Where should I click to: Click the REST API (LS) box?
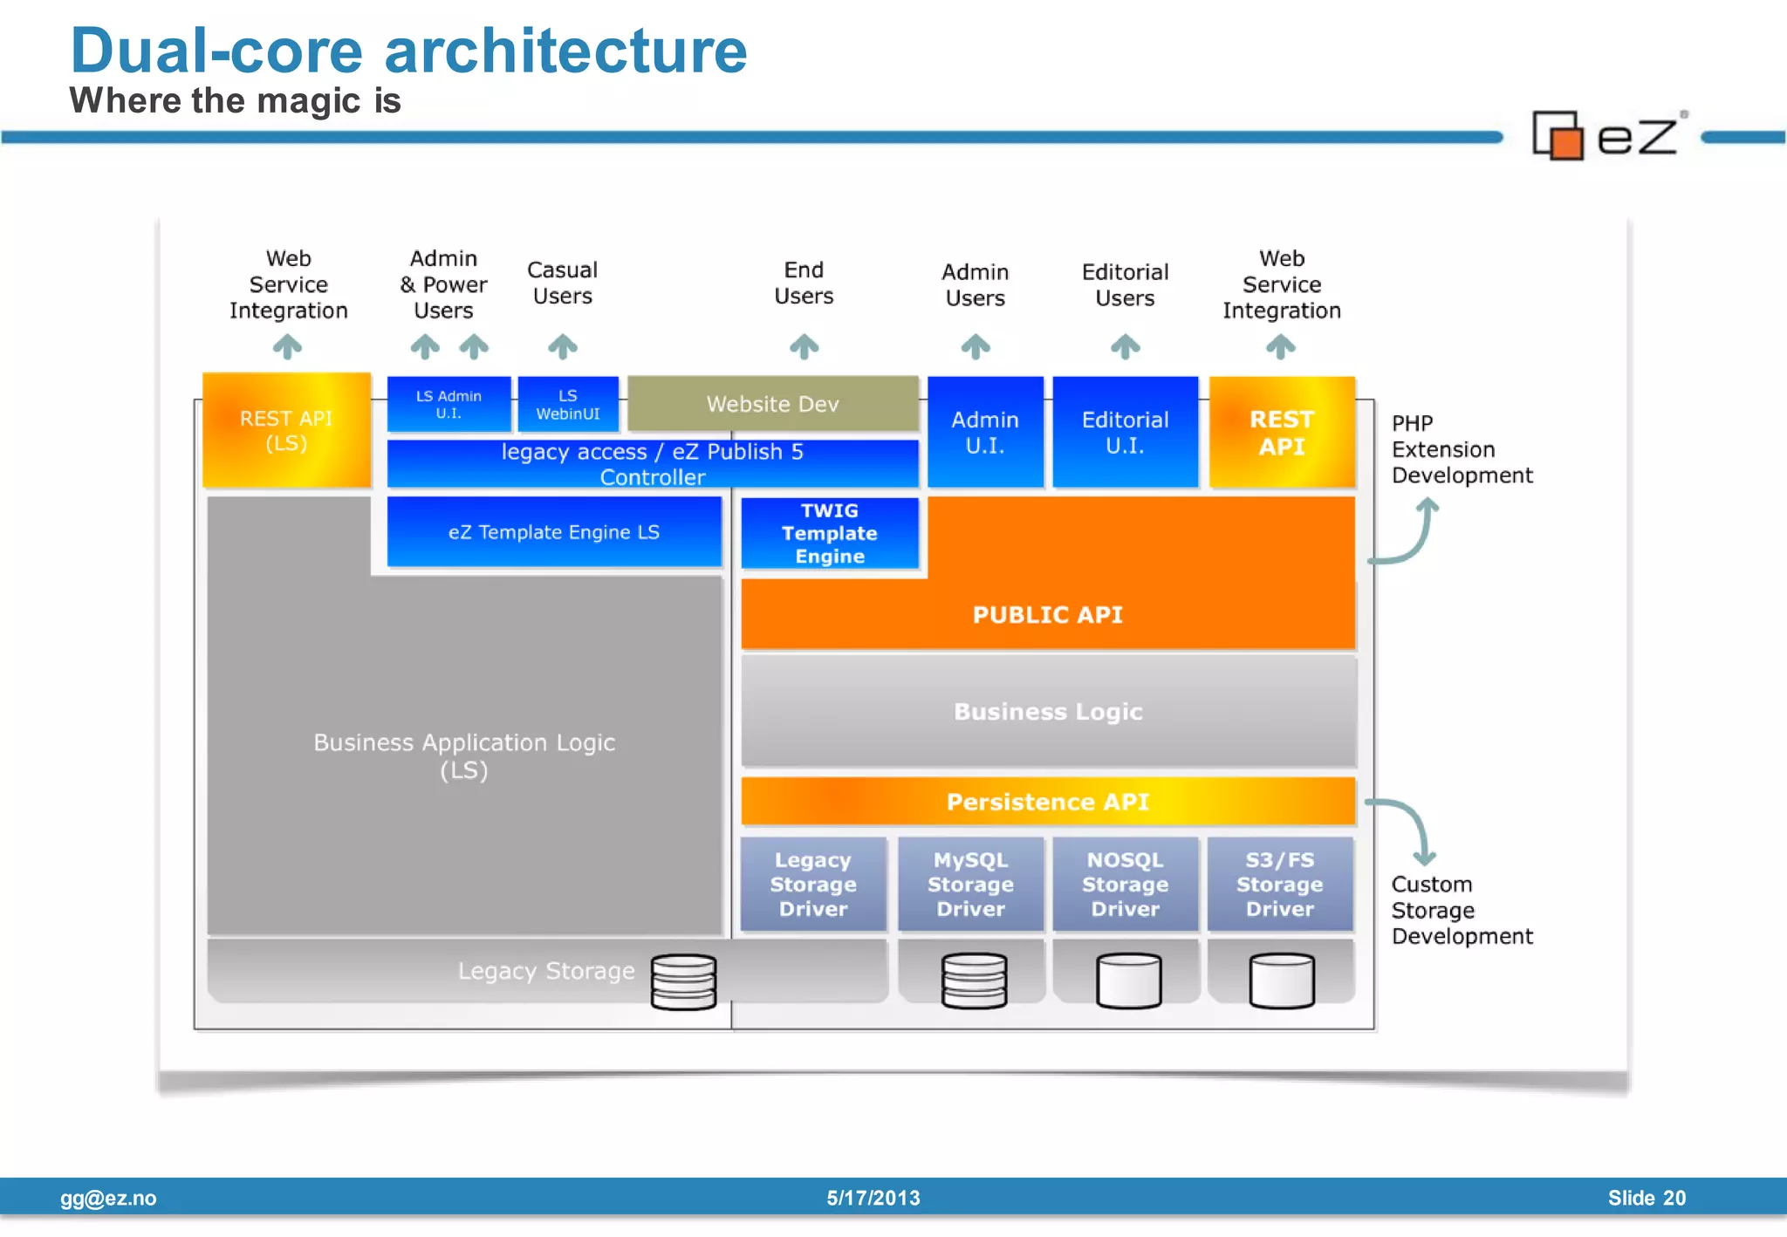286,430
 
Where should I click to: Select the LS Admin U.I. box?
448,404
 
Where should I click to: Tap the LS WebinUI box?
568,404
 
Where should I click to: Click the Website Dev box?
772,403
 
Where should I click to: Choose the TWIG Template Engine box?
829,533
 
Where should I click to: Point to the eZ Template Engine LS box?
554,532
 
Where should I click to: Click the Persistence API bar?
1047,801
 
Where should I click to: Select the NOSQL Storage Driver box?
1125,884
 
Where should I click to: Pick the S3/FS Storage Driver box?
1279,884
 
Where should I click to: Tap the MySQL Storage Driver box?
970,884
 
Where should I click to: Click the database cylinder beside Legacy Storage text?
683,981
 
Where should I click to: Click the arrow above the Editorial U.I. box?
1125,346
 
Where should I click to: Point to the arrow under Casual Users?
563,346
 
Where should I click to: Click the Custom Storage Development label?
1461,910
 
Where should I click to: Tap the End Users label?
804,283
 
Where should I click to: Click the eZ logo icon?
1558,136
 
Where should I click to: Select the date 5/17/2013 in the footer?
873,1198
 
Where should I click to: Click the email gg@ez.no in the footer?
108,1198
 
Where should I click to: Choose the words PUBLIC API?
1047,614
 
